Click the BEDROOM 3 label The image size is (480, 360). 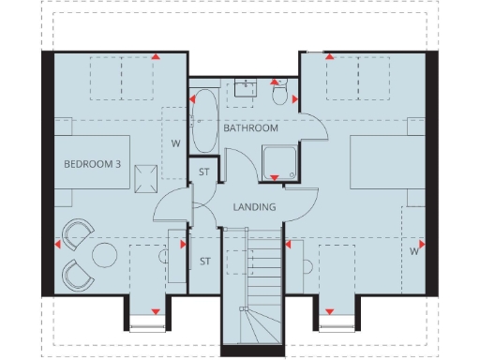(92, 164)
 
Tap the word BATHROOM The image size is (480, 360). (250, 128)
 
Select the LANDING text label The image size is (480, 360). (254, 207)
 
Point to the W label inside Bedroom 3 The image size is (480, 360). (174, 143)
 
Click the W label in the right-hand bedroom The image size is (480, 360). (413, 251)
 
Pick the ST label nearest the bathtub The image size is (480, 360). (203, 172)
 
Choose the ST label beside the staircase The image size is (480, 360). (203, 262)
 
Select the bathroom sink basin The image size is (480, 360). (246, 86)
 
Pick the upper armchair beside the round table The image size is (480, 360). (78, 233)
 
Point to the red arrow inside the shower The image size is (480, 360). (274, 178)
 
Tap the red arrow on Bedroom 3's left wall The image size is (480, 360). (58, 245)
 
